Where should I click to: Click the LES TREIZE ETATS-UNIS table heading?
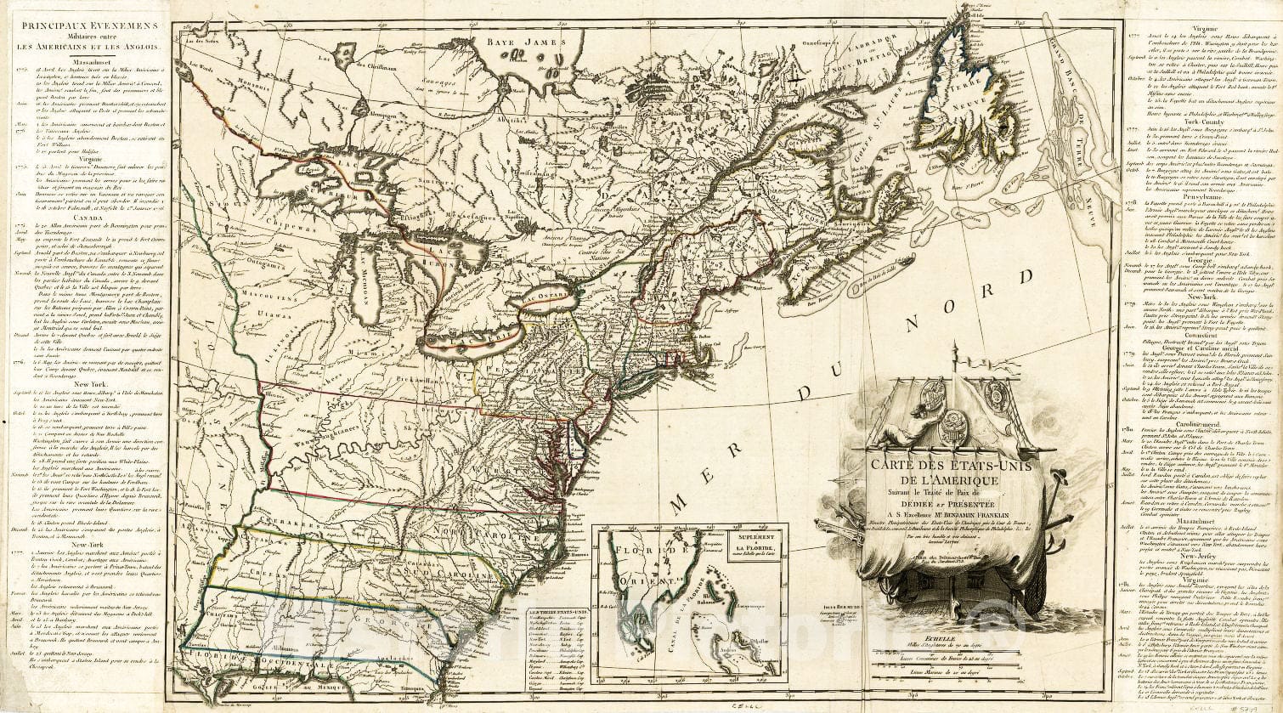[555, 610]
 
